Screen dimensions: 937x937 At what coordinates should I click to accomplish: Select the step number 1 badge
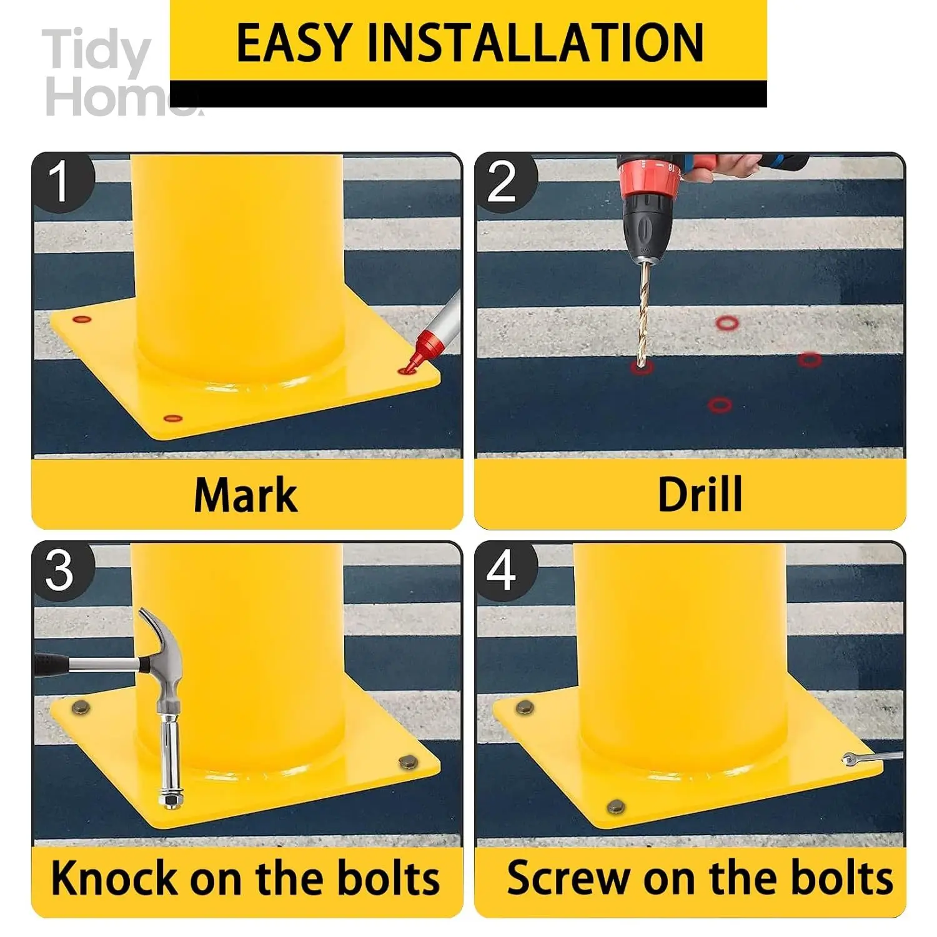tap(61, 182)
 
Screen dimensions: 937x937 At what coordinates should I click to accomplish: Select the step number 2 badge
tap(503, 182)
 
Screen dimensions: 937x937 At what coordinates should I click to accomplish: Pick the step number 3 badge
tap(61, 570)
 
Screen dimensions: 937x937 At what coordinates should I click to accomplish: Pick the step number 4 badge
tap(503, 570)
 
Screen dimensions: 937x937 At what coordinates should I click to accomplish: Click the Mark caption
tap(245, 495)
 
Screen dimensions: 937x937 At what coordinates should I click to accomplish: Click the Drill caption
tap(700, 495)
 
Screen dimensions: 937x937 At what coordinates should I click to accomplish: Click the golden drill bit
tap(643, 312)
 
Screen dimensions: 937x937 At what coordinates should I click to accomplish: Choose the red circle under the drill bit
tap(642, 367)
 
